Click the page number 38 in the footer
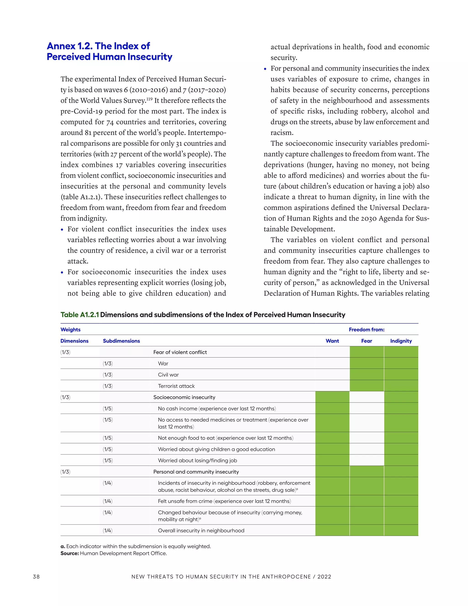36,577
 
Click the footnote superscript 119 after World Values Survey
149,99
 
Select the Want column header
332,341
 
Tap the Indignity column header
401,341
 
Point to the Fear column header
367,341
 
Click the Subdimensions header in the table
121,341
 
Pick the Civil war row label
168,375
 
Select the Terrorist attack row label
176,386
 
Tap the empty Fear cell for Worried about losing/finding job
367,460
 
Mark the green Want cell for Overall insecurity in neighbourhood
332,531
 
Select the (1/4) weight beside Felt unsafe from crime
108,501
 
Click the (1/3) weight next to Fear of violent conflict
65,352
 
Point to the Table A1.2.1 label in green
80,315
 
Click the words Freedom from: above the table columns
367,329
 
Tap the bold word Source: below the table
70,553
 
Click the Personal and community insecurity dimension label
196,472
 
